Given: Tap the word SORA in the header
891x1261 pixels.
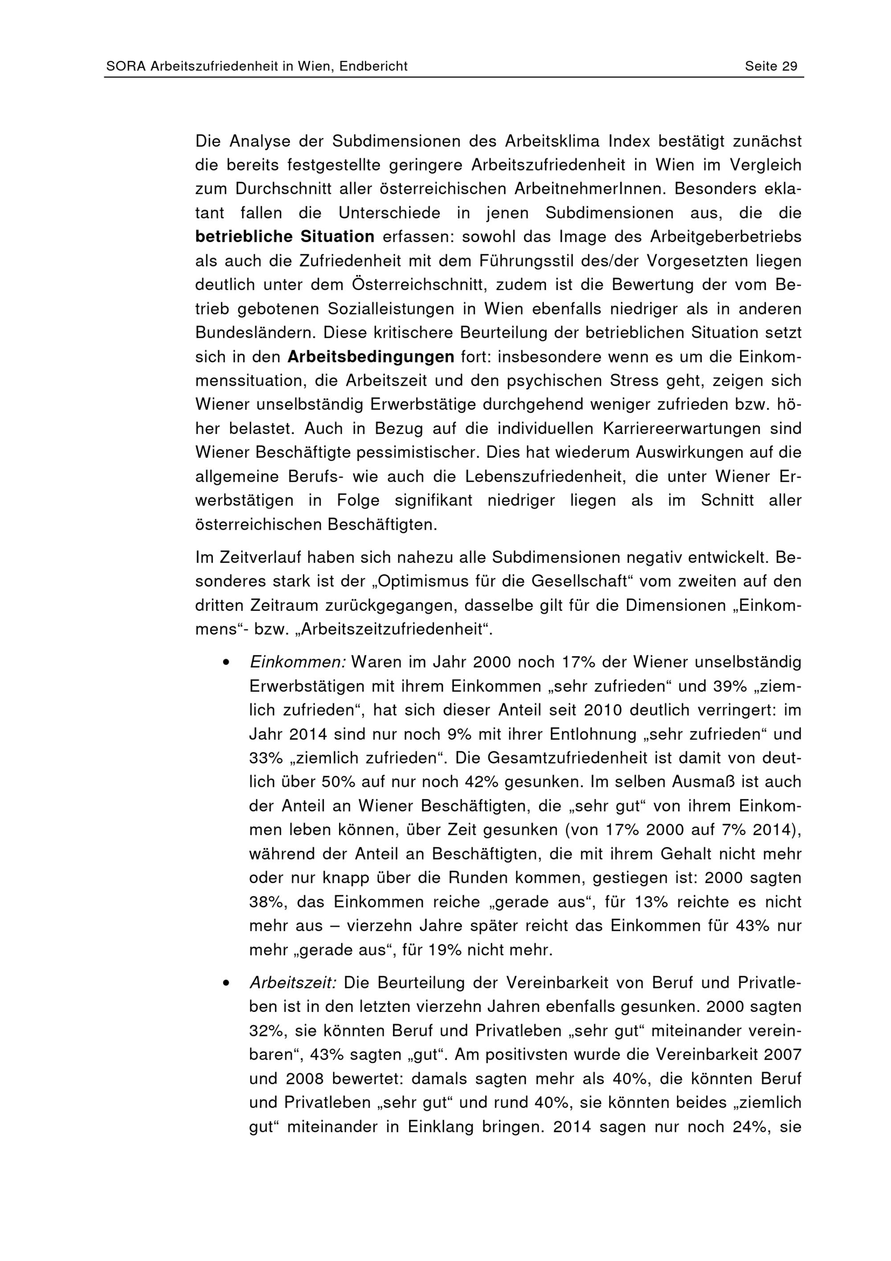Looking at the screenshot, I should pyautogui.click(x=126, y=66).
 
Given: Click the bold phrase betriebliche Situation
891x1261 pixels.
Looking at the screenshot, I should pyautogui.click(x=284, y=237).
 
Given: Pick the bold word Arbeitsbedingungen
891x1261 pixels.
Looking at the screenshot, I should pyautogui.click(x=371, y=357).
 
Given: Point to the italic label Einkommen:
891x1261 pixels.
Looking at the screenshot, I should pyautogui.click(x=297, y=662).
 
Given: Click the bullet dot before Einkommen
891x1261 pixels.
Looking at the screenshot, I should pyautogui.click(x=225, y=663).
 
